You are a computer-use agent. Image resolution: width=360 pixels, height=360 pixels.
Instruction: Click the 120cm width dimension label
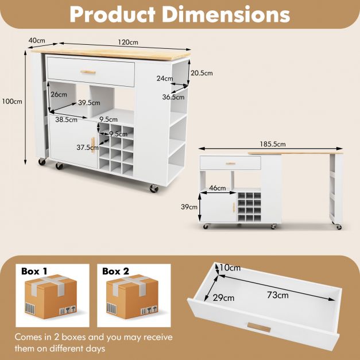(x=128, y=42)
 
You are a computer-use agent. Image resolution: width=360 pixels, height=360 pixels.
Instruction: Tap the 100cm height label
(x=12, y=101)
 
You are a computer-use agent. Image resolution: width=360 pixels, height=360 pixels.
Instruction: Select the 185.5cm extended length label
(x=273, y=144)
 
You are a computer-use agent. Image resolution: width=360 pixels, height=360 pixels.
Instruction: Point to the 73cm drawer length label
(x=278, y=295)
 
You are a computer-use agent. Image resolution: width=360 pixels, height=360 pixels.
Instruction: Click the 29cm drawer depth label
(x=223, y=298)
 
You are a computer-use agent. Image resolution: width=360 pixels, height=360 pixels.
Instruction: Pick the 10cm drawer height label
(x=230, y=268)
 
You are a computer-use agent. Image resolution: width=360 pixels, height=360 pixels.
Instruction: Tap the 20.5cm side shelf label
(x=202, y=73)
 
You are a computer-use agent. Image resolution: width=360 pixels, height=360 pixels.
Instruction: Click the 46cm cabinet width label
(x=218, y=188)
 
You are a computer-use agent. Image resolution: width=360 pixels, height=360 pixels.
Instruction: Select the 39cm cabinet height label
(x=189, y=207)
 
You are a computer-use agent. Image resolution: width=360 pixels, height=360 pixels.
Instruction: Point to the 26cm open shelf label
(x=59, y=94)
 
